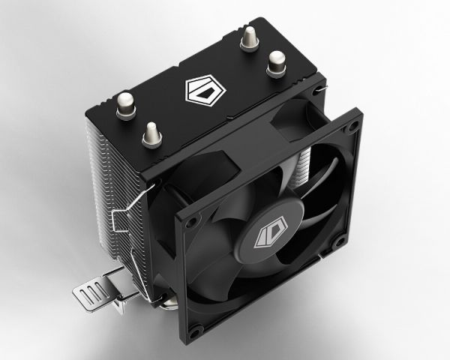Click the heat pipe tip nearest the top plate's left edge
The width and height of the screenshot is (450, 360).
125,105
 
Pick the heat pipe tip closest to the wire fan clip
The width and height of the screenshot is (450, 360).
151,136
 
